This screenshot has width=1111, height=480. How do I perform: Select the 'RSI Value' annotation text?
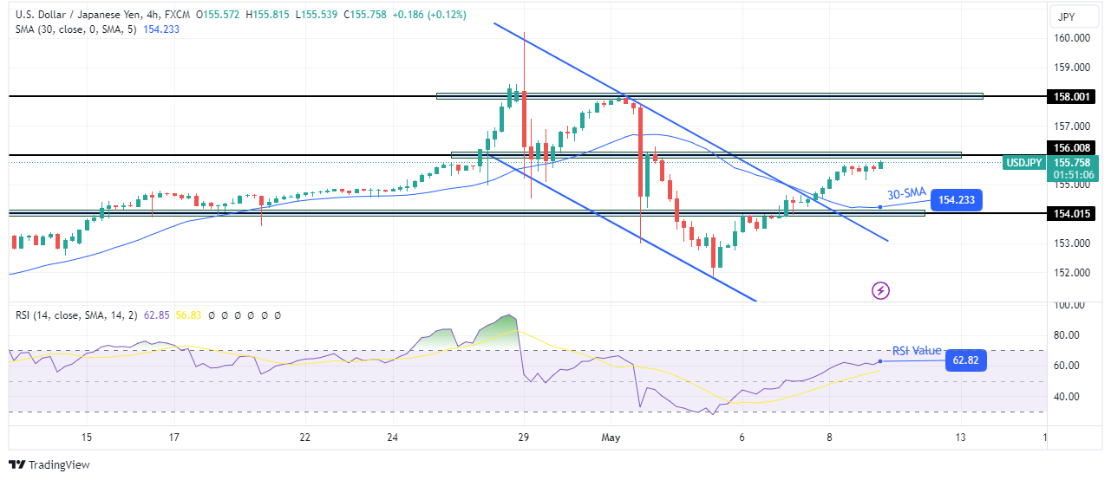(x=917, y=351)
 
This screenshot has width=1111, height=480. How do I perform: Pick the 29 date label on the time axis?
(x=523, y=438)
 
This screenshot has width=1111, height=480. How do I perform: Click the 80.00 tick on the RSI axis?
(x=1069, y=335)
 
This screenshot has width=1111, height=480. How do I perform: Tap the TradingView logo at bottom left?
(x=49, y=465)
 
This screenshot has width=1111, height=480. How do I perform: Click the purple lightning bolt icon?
(x=881, y=291)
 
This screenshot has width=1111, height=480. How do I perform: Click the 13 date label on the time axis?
(x=960, y=438)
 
